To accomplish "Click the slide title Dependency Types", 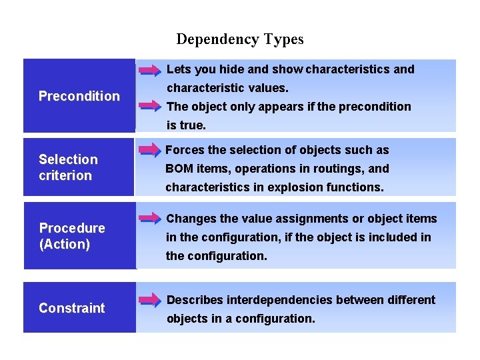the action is [240, 39].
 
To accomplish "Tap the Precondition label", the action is [79, 96].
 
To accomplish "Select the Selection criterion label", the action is [68, 167].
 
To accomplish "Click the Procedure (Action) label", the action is [72, 236].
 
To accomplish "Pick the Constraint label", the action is [72, 308].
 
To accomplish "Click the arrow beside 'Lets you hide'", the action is [150, 69].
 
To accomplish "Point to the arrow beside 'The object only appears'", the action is [150, 106].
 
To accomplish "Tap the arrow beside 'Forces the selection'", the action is [150, 151].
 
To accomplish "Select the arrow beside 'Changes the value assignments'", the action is [150, 218].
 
